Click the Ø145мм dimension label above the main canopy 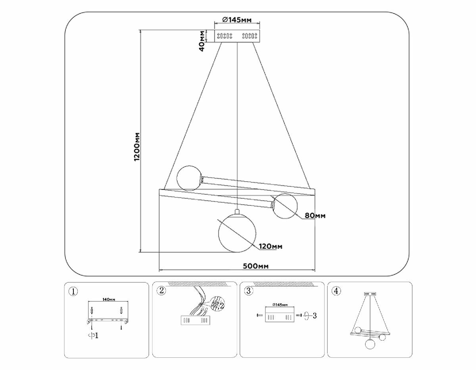pos(237,20)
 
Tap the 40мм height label pos(202,41)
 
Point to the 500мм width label pos(255,266)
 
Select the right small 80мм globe pos(285,205)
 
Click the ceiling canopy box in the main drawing pos(237,36)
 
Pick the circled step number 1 pos(73,291)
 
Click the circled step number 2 pos(161,291)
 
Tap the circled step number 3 pos(248,291)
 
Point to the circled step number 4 pos(336,291)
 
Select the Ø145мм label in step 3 pos(280,305)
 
